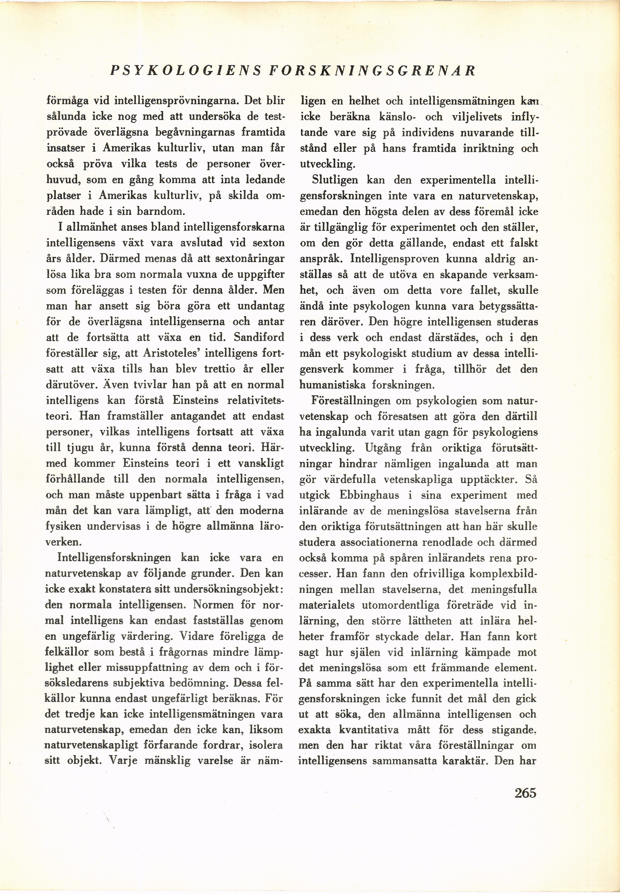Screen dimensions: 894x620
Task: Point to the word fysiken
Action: point(63,526)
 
